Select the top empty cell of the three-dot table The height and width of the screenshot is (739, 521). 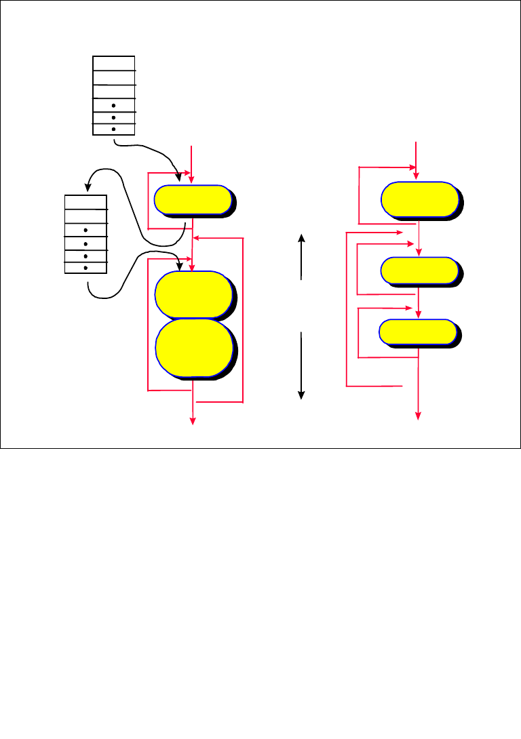113,62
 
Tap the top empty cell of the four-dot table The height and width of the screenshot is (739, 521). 85,201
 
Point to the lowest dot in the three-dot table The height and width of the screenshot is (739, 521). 113,129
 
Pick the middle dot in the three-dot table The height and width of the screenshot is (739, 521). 113,118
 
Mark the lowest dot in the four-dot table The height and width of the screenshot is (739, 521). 85,267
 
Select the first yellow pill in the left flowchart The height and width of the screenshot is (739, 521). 193,199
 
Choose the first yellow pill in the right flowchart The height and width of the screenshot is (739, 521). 419,199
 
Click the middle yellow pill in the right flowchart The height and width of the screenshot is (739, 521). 419,270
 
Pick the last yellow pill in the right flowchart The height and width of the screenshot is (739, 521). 417,332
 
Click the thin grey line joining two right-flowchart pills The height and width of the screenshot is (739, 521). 419,237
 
